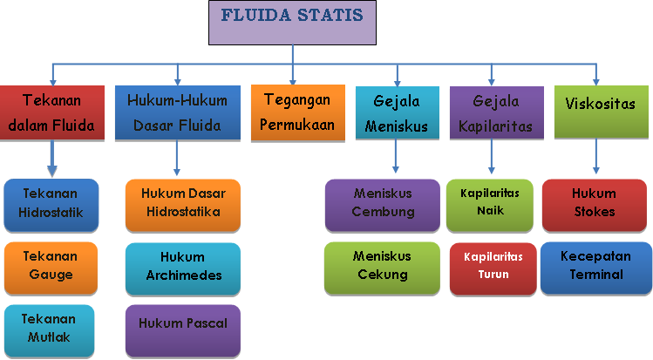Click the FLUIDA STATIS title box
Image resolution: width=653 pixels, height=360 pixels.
(x=292, y=24)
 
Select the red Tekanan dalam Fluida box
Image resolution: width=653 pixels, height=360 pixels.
(x=51, y=113)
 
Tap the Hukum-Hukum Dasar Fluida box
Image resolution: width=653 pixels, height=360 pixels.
(x=177, y=113)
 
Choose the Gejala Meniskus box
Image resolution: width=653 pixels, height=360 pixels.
(x=397, y=113)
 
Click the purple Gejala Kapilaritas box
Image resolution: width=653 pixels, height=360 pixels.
(x=495, y=113)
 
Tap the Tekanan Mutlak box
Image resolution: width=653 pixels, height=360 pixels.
(x=51, y=329)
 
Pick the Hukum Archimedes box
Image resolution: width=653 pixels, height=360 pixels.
(x=181, y=268)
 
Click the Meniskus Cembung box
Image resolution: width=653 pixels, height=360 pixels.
(x=382, y=204)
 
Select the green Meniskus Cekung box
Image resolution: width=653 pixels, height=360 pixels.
(x=382, y=267)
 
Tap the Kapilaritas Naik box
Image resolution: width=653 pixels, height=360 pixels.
(x=490, y=204)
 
